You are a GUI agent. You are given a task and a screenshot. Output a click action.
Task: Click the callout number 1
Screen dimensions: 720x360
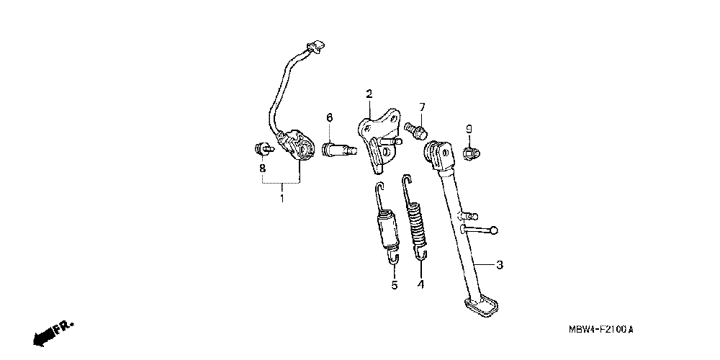[282, 198]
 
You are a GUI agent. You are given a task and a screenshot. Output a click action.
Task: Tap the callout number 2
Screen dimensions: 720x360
[369, 94]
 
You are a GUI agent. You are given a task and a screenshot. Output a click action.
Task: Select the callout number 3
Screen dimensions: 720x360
[500, 265]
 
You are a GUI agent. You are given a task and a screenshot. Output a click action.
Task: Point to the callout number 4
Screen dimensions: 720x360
[420, 284]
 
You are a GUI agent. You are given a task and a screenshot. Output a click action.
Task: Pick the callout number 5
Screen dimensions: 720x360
[395, 285]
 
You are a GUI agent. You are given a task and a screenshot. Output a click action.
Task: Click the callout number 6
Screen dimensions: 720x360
[330, 118]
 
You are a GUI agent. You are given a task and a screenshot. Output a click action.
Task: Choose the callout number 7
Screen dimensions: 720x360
[423, 107]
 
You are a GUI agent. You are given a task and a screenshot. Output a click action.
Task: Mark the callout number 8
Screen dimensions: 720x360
[263, 168]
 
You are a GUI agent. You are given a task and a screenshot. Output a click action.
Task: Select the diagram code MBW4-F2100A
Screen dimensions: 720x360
[602, 330]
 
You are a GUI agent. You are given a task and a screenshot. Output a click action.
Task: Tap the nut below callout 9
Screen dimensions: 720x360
[471, 153]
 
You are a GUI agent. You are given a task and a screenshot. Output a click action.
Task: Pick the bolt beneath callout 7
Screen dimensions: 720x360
[418, 131]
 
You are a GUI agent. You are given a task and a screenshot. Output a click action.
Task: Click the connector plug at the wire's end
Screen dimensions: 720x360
[312, 48]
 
